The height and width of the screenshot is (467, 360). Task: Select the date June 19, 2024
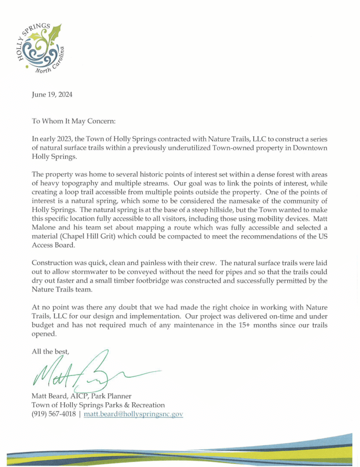click(51, 95)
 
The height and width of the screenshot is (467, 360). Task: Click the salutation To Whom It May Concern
click(74, 121)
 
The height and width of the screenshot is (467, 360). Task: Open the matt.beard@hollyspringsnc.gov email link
click(133, 414)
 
